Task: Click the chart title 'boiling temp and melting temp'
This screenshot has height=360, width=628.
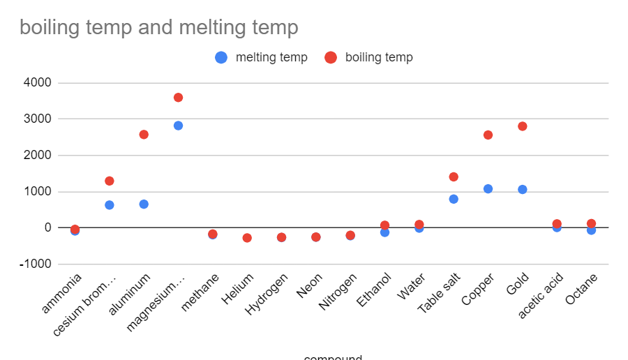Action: [159, 28]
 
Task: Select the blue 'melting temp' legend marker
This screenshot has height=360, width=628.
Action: [221, 58]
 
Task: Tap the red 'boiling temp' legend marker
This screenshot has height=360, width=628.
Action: [331, 58]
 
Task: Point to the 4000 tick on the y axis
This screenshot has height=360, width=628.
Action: [37, 83]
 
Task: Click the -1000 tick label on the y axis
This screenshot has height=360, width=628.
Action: [35, 264]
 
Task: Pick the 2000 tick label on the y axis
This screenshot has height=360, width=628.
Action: [37, 155]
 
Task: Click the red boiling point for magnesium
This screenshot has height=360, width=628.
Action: [178, 98]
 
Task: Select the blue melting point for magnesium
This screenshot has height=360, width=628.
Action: [178, 126]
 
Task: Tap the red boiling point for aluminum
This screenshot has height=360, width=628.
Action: [144, 135]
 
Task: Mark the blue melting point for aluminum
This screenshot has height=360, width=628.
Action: [144, 204]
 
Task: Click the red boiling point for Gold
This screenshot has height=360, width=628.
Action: [523, 126]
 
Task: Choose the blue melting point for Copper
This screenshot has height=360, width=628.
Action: [488, 189]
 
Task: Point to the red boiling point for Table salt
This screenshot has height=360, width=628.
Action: [454, 177]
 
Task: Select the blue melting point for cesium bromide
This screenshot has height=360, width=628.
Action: [110, 205]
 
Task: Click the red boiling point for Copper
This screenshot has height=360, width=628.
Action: [488, 135]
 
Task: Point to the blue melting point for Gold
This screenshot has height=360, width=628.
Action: [523, 190]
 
